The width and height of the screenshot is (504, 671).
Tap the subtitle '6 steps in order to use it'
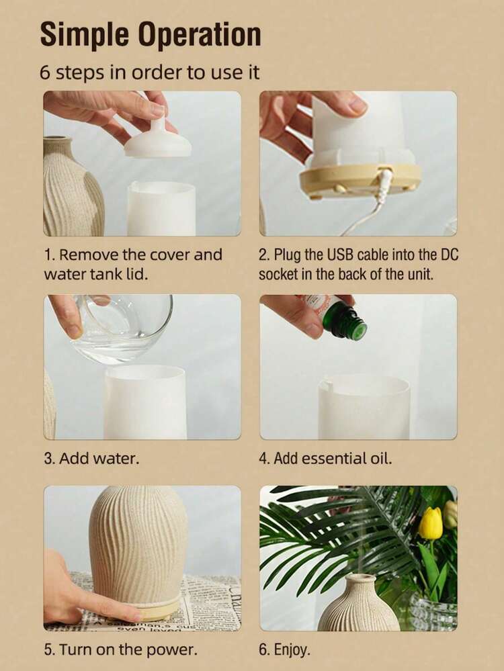coord(149,72)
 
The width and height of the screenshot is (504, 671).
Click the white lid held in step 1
coord(158,135)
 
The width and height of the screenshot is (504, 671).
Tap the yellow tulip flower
coord(430,523)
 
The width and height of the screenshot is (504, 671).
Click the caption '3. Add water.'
coord(91,458)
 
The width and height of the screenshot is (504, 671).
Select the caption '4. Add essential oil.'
coord(325,458)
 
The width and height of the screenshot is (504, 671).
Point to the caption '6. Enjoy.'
coord(284,650)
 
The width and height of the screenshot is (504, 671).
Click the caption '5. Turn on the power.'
coord(120,650)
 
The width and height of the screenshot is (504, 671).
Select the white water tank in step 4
coord(364,406)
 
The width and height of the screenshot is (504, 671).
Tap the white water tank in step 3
coord(146,402)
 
